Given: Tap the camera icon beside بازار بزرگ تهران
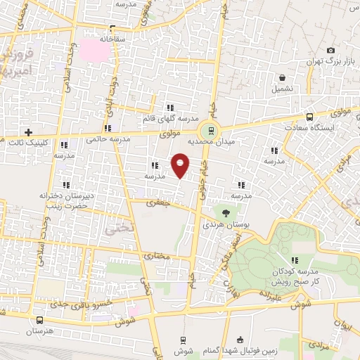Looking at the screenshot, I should coord(330,51).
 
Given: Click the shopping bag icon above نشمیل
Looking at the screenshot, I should coord(282,77).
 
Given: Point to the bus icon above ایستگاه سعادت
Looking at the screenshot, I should coord(309,117).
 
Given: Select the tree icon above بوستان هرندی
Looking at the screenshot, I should coord(226,212).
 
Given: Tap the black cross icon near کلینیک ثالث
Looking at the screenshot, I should coord(28,132).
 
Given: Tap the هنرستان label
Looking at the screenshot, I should coord(40,330).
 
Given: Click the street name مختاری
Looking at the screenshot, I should coord(157,257).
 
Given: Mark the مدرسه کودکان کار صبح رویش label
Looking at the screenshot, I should coord(295,275).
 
